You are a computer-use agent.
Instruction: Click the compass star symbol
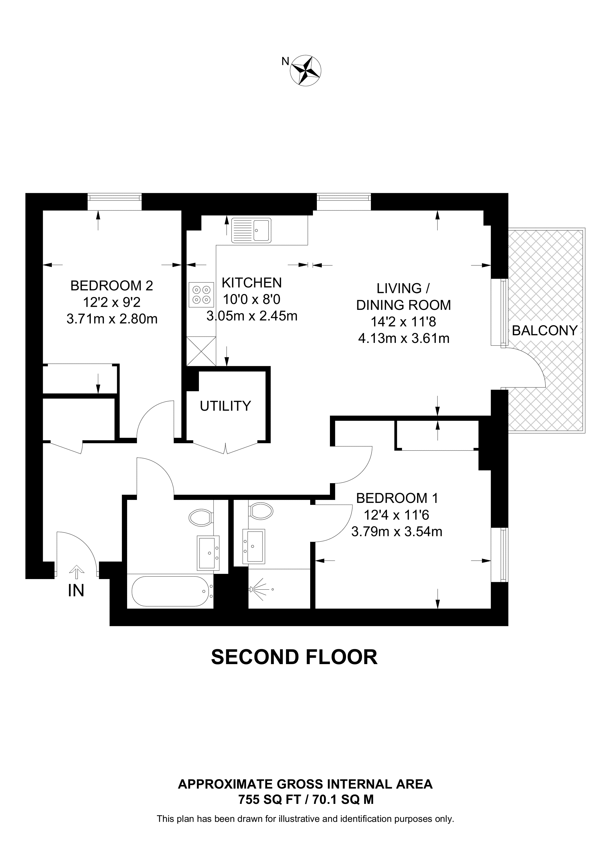point(305,71)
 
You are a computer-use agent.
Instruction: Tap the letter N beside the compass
point(285,61)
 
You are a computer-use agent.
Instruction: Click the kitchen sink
point(251,230)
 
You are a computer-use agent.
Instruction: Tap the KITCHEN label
point(251,283)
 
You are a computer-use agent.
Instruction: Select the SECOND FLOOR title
point(294,657)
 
